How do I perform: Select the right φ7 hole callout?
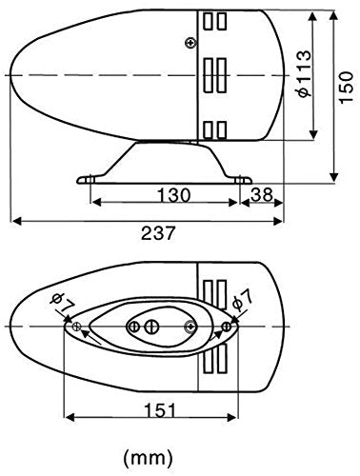pos(243,301)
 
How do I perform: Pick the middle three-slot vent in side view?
pos(214,73)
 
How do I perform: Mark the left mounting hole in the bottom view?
pos(75,327)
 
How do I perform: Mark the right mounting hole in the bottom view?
pos(225,327)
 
